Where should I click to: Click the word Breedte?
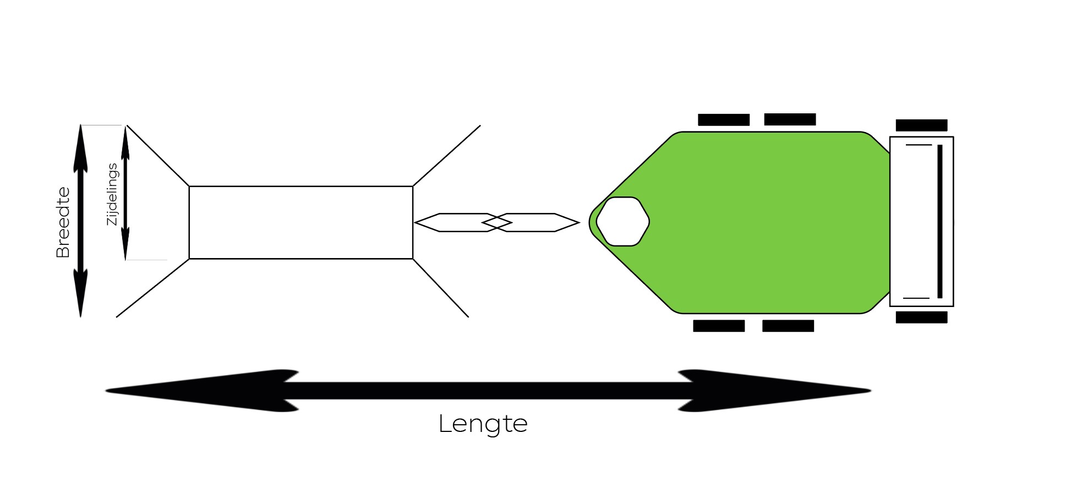coord(63,222)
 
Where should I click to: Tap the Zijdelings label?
coord(112,194)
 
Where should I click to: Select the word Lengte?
coord(483,424)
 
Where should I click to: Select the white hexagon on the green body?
coord(622,221)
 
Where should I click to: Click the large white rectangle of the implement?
coord(300,222)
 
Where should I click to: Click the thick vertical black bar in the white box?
coord(940,221)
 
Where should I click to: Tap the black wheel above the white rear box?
coord(921,125)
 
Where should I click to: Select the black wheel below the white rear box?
coord(921,317)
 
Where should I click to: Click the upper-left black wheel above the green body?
coord(724,119)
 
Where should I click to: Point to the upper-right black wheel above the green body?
coord(790,119)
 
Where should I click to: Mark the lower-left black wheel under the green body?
coord(719,326)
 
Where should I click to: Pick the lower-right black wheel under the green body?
coord(788,326)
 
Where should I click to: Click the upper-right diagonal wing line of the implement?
coord(446,156)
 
